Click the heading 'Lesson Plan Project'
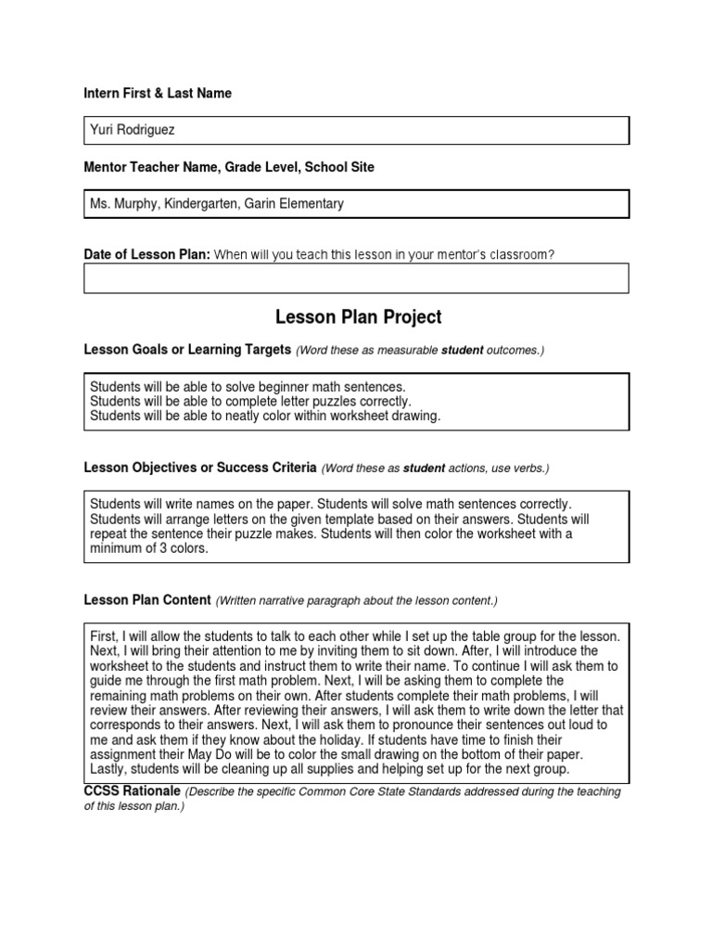[358, 317]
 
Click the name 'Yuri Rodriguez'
[132, 131]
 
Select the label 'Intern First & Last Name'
[158, 94]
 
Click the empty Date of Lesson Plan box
[356, 277]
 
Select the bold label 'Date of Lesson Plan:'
[147, 254]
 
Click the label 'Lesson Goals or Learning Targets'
[187, 349]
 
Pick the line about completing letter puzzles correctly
[250, 401]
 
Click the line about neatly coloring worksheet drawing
[265, 416]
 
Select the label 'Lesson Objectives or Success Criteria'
[200, 468]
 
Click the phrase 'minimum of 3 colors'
[148, 548]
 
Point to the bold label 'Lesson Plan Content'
[147, 600]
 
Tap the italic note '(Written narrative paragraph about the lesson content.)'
[357, 601]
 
